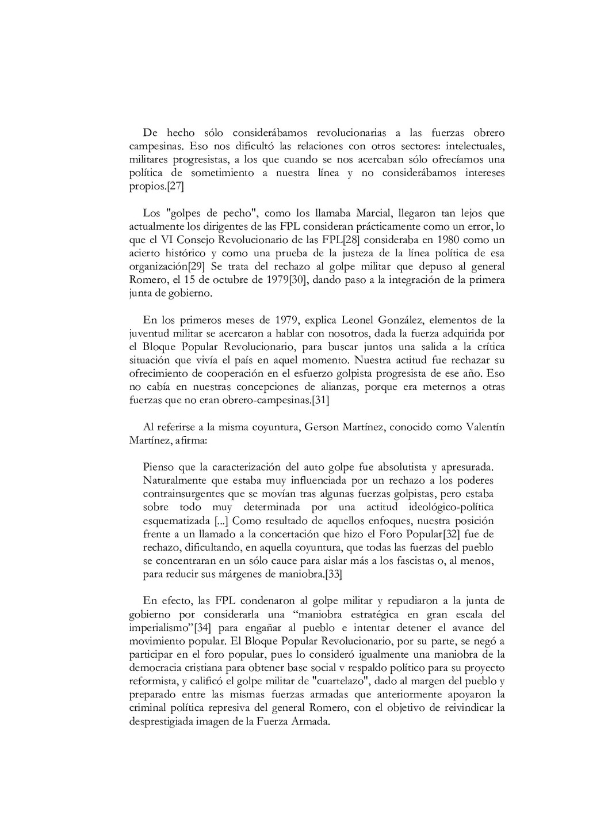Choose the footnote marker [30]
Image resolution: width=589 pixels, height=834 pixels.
pos(299,280)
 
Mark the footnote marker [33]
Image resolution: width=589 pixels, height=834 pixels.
pos(334,574)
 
